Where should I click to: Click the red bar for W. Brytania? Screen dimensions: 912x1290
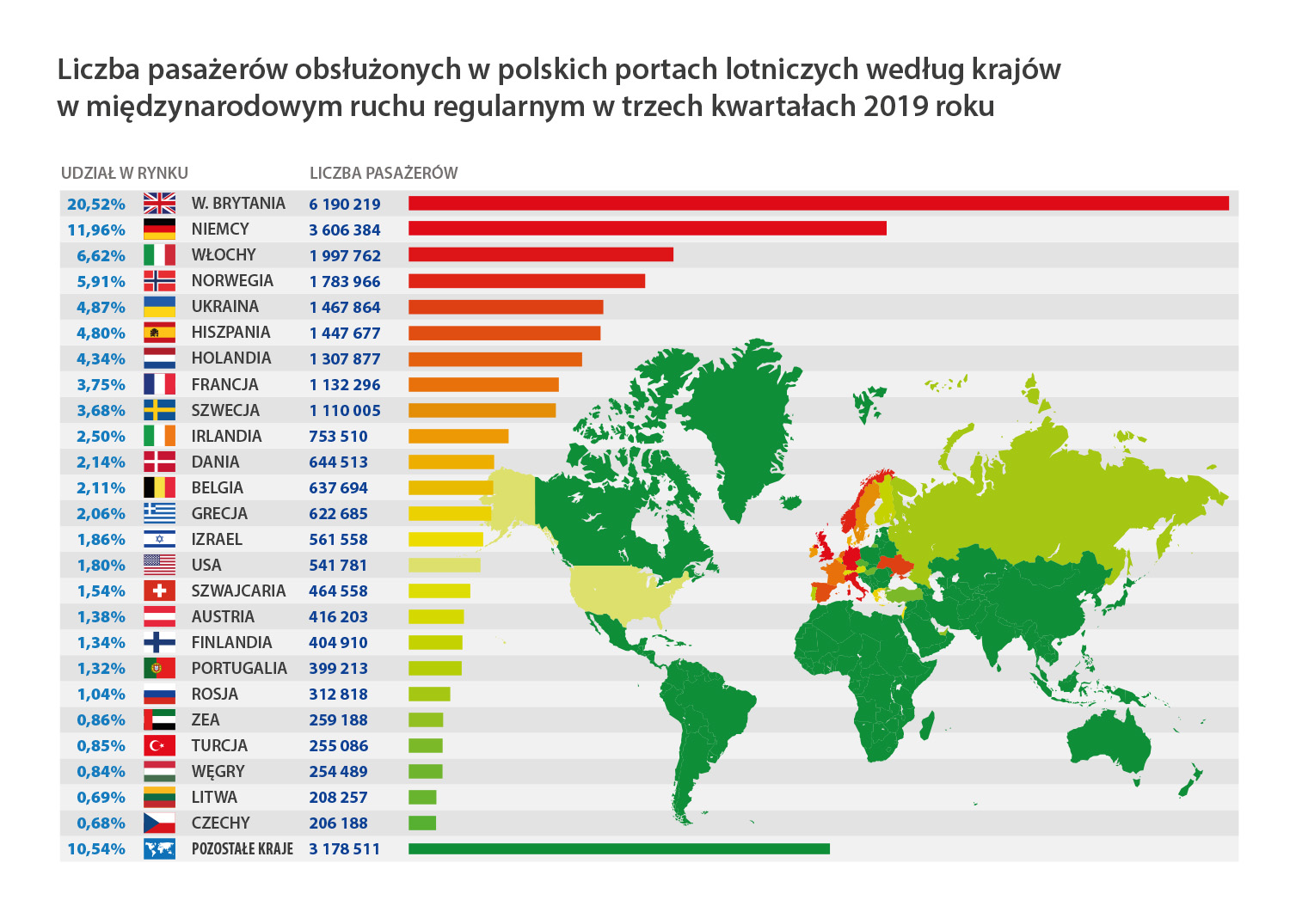[x=818, y=204]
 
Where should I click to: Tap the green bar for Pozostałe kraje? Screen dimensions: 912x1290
[x=618, y=849]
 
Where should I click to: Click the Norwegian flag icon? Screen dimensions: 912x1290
[x=159, y=281]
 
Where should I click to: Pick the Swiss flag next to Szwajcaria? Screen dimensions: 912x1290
[x=159, y=591]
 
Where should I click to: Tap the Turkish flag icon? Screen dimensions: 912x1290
[x=159, y=745]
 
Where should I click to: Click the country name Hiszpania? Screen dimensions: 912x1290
[x=230, y=333]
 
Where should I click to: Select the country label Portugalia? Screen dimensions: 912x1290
[x=239, y=668]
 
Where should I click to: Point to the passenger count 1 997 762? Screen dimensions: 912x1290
[x=345, y=256]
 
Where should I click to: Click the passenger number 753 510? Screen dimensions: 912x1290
[x=338, y=437]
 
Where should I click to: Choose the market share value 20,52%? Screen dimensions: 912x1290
[x=96, y=205]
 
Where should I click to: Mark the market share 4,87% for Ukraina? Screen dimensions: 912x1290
[x=101, y=308]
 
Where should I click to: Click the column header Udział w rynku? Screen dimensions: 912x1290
[x=125, y=173]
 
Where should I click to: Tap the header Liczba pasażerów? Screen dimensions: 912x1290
[x=384, y=173]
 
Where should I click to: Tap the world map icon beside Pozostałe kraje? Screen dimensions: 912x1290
[x=159, y=849]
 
